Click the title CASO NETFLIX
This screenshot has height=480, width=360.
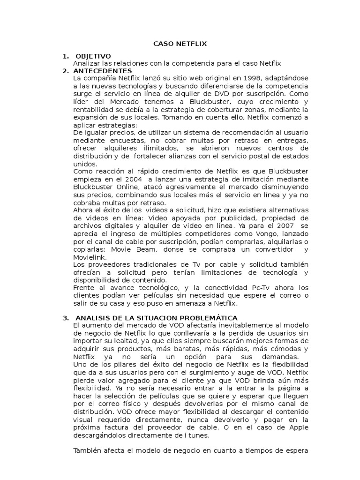coord(180,44)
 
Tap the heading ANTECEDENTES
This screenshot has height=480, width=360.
coord(102,71)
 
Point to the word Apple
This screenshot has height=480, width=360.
coord(297,427)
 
